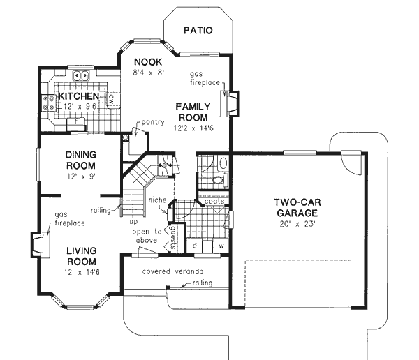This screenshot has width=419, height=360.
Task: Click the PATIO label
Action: click(198, 31)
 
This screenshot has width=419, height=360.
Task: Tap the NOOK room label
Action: click(149, 61)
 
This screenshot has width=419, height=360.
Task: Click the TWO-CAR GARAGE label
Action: click(296, 208)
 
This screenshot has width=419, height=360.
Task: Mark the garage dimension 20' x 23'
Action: click(297, 225)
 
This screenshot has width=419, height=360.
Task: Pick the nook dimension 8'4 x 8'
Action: click(149, 71)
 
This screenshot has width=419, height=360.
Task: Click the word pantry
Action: click(152, 123)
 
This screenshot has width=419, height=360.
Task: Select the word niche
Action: click(156, 200)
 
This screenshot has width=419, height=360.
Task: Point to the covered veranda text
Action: click(166, 271)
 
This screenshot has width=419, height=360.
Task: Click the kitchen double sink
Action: click(82, 76)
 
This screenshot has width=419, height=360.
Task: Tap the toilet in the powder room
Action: click(222, 164)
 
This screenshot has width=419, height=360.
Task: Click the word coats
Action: click(214, 202)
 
